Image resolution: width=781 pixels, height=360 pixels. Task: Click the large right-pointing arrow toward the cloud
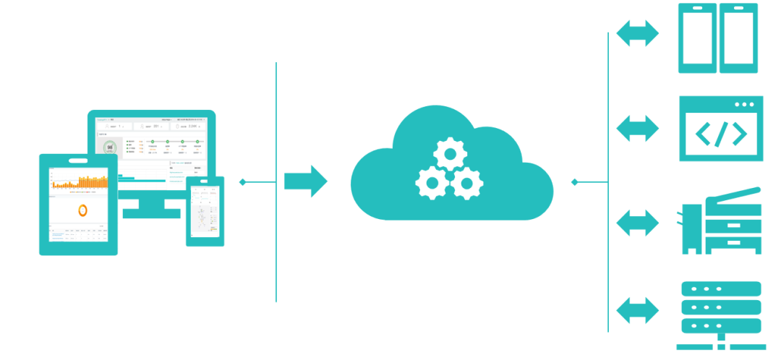click(x=305, y=181)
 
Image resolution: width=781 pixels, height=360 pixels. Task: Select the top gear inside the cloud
click(x=449, y=153)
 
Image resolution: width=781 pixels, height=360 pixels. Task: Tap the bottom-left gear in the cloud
click(x=432, y=182)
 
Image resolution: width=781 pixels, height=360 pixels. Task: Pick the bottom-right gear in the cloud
click(x=466, y=182)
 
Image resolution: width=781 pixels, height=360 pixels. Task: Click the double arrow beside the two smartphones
click(x=637, y=33)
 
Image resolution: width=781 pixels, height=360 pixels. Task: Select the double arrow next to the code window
click(x=637, y=127)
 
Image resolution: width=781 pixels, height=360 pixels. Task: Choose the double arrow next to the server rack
click(x=637, y=310)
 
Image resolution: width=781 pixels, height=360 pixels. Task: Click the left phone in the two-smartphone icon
click(x=697, y=38)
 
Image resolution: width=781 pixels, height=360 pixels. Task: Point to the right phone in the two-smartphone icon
click(x=738, y=38)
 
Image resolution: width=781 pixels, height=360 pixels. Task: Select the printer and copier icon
click(x=722, y=221)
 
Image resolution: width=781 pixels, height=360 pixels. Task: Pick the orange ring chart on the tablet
click(x=82, y=210)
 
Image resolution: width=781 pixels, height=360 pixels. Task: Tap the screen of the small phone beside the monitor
click(x=205, y=210)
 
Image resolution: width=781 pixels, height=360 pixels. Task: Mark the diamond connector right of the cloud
click(x=575, y=181)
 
